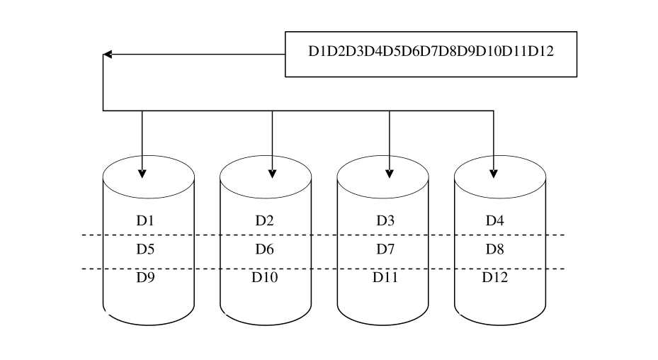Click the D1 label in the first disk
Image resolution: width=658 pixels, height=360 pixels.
pos(145,220)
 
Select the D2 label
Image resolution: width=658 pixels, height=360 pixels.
pos(265,220)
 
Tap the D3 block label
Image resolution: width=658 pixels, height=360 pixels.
pos(385,220)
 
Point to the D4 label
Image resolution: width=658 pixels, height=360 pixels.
pos(494,220)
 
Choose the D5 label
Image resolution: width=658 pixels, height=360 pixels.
pos(145,249)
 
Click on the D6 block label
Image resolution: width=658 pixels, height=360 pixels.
pos(265,249)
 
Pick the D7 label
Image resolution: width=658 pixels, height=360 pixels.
pos(385,249)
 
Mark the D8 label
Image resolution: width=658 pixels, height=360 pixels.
pos(494,249)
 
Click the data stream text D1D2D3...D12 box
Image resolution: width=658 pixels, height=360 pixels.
pos(431,54)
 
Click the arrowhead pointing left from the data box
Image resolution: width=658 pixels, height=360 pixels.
pos(107,54)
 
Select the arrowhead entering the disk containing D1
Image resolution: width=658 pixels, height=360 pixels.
pos(142,173)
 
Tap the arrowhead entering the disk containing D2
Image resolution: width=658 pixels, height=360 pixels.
pos(272,173)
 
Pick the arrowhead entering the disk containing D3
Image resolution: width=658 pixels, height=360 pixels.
pos(390,173)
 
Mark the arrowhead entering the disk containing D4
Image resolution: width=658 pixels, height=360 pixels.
pos(494,173)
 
